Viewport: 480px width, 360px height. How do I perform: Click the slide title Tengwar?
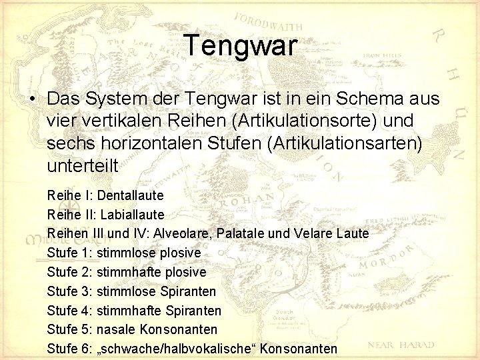pos(240,45)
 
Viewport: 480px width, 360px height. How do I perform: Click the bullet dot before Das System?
pos(32,99)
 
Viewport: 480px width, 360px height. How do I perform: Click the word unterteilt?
pos(82,166)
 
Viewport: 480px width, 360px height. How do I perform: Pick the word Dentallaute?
pos(130,195)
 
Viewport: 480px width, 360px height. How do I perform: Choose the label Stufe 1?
pos(69,253)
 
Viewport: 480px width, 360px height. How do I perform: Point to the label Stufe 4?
pos(69,311)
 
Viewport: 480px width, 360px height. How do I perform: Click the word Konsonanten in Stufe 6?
pos(299,349)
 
